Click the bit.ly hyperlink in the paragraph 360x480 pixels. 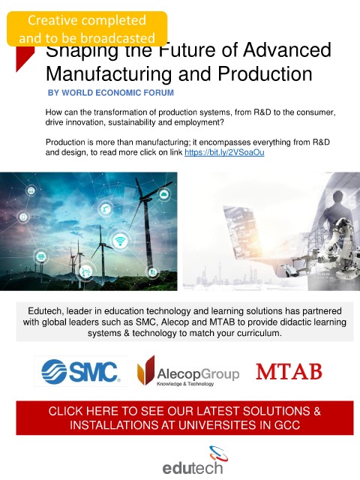point(224,152)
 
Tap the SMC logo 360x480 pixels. point(81,371)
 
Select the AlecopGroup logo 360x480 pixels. point(188,371)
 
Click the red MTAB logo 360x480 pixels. point(289,371)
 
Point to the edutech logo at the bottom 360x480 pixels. point(193,460)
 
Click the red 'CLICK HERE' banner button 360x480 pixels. point(184,418)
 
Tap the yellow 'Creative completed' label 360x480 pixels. point(87,29)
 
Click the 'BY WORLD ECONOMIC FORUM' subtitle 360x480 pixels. point(111,93)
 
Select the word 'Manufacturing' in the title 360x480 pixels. point(108,73)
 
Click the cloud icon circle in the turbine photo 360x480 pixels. point(164,194)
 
